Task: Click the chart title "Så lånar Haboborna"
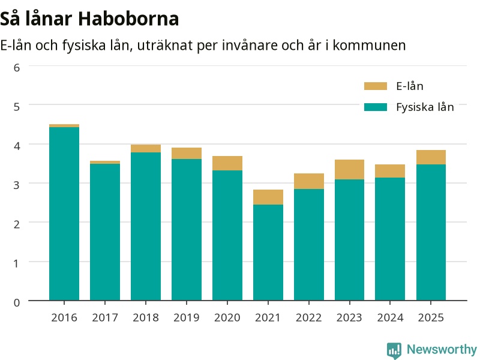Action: tap(89, 19)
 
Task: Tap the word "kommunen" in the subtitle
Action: tap(369, 46)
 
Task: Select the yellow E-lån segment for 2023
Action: tap(349, 170)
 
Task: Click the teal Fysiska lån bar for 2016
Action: tap(64, 214)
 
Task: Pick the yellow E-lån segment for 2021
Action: tap(268, 197)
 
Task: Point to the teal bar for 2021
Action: tap(268, 253)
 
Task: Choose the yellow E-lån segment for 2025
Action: tap(431, 157)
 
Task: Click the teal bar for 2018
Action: tap(146, 227)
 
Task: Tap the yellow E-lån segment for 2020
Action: tap(227, 163)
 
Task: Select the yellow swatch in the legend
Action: tap(376, 86)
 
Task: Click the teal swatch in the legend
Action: tap(376, 107)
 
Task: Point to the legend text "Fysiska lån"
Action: tap(425, 107)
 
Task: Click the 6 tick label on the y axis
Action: tap(17, 68)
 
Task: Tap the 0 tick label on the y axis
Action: tap(17, 302)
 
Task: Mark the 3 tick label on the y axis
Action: tap(17, 185)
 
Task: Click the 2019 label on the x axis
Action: tap(187, 318)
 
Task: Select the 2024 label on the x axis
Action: tap(390, 318)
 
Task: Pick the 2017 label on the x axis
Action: tap(105, 318)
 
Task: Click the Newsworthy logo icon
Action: tap(394, 350)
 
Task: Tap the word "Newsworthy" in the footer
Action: tap(442, 349)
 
